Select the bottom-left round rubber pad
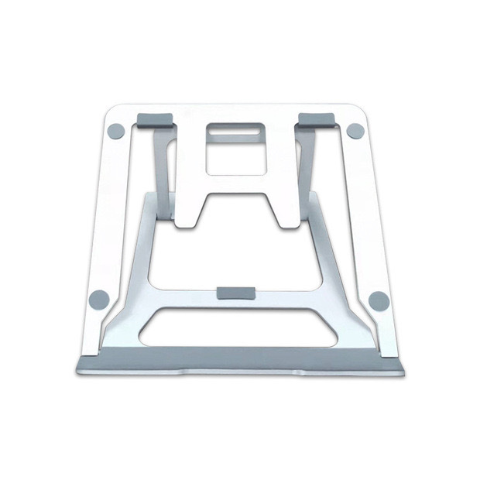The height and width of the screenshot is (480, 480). pyautogui.click(x=99, y=299)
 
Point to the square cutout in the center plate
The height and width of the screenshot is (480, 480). pyautogui.click(x=235, y=162)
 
